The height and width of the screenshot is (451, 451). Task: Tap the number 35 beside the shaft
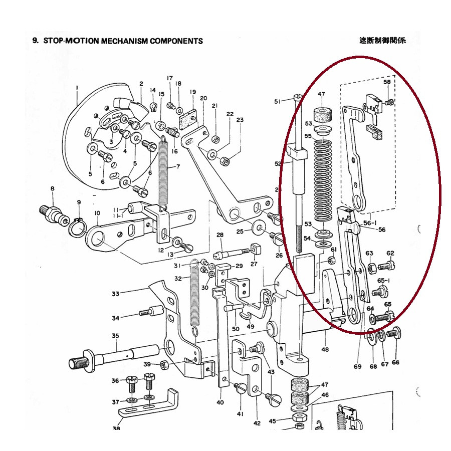(x=115, y=336)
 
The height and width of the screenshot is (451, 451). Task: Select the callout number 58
(x=387, y=82)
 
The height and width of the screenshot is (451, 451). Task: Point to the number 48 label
(x=325, y=349)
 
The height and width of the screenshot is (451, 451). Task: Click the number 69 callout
(x=357, y=367)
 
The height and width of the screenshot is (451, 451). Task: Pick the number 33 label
(x=116, y=294)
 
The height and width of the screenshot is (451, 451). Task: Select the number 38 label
(x=116, y=428)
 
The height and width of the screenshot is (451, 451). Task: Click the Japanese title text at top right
(x=382, y=40)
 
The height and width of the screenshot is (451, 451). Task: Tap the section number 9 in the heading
(x=35, y=41)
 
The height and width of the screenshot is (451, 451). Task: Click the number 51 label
(x=278, y=102)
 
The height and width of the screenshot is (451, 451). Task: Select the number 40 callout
(x=220, y=402)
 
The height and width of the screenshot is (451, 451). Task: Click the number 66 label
(x=396, y=362)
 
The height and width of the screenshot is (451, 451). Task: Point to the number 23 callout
(x=240, y=120)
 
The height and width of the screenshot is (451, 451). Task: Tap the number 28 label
(x=219, y=235)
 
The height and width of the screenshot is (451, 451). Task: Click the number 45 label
(x=272, y=421)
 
